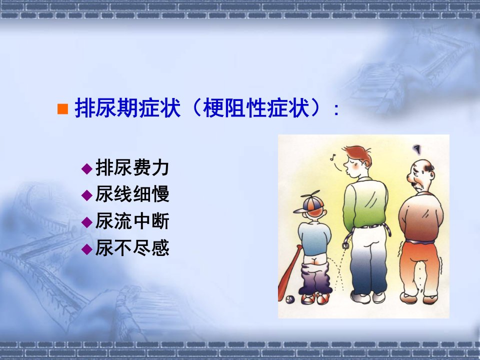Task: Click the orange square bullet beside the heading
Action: (x=63, y=109)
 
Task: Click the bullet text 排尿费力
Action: (x=132, y=167)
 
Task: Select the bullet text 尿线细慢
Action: (x=132, y=194)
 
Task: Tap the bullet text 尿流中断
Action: (x=132, y=221)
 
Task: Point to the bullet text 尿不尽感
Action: (x=132, y=247)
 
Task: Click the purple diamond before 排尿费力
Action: (x=87, y=168)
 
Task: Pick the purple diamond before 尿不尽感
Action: (x=87, y=249)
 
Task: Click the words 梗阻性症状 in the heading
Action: (x=256, y=108)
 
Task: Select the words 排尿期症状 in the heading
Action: (x=127, y=108)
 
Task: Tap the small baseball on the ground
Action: (x=290, y=299)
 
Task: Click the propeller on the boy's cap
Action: (x=310, y=195)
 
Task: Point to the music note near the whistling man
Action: (x=333, y=157)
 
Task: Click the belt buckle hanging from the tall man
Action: (x=345, y=245)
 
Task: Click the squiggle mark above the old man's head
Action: (x=416, y=149)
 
